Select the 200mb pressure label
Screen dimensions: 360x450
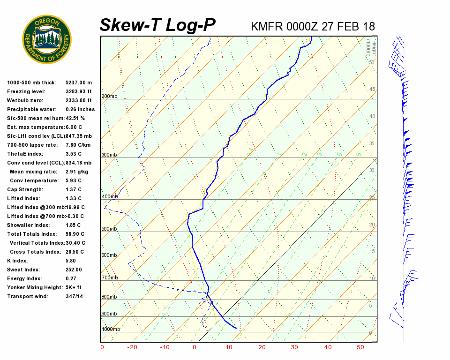(x=109, y=97)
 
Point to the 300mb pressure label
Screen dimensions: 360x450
(x=109, y=155)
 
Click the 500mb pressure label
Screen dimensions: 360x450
(x=109, y=229)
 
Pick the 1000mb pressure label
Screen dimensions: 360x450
(x=111, y=329)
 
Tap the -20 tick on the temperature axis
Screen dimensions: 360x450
(x=133, y=347)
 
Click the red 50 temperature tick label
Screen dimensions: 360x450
(x=360, y=347)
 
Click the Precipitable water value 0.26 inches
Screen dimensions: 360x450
(x=80, y=109)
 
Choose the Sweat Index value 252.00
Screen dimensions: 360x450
(x=74, y=270)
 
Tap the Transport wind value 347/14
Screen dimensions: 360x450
(x=75, y=296)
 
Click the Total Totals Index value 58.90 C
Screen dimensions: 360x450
(x=75, y=234)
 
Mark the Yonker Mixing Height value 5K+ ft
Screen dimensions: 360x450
(x=74, y=287)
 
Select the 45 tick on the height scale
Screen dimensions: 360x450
(x=372, y=90)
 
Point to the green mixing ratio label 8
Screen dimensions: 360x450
(x=358, y=154)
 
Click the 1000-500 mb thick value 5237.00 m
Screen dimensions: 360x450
(x=79, y=82)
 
